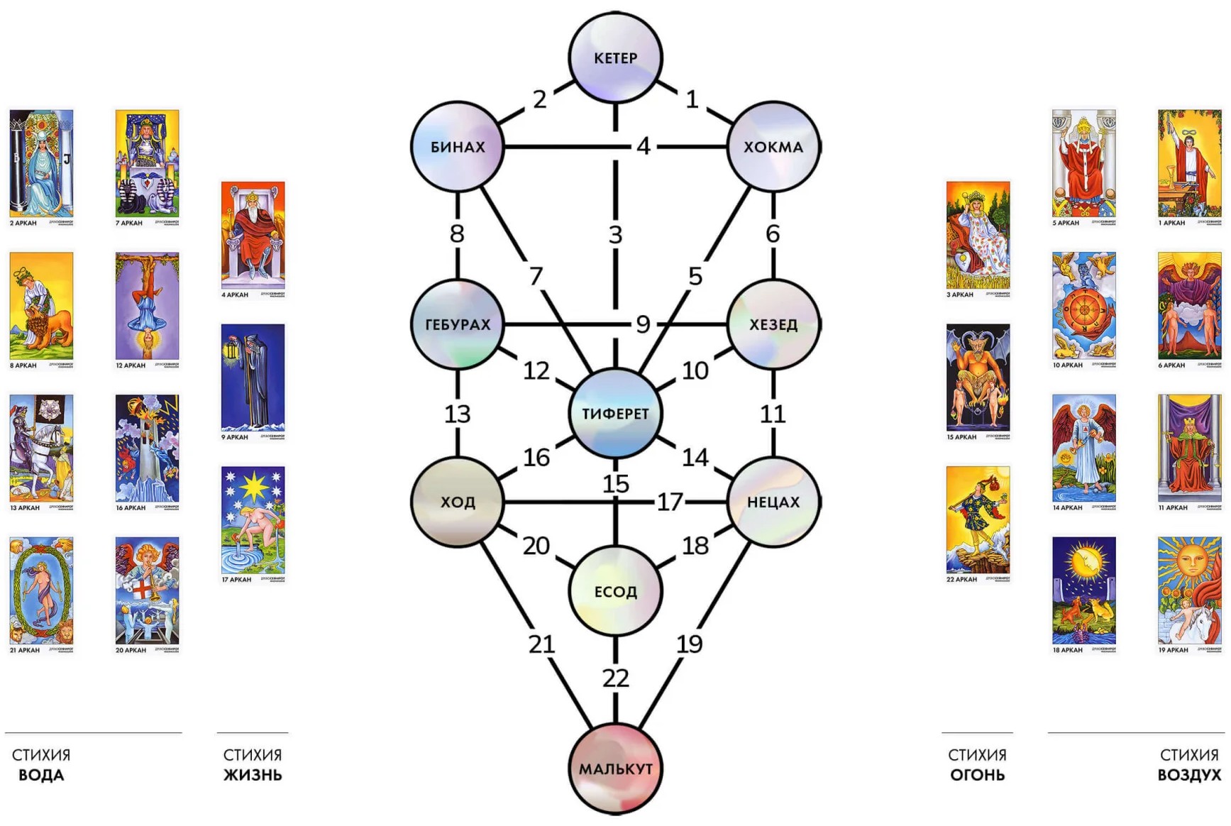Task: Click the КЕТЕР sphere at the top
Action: click(x=615, y=57)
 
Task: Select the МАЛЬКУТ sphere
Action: click(x=615, y=769)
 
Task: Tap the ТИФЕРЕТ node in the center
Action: click(x=615, y=413)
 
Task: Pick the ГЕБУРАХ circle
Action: click(x=458, y=324)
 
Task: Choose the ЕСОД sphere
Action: click(x=615, y=591)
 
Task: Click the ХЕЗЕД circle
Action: click(x=773, y=324)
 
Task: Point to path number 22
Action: click(x=615, y=678)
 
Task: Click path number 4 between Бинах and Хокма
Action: click(x=643, y=146)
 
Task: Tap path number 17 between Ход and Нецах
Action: click(x=669, y=502)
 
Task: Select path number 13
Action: click(x=458, y=414)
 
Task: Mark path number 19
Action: click(x=689, y=644)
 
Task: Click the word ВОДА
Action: click(x=41, y=775)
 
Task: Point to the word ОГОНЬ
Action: click(x=977, y=775)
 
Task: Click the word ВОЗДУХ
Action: click(x=1189, y=775)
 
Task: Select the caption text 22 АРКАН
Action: click(x=961, y=579)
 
